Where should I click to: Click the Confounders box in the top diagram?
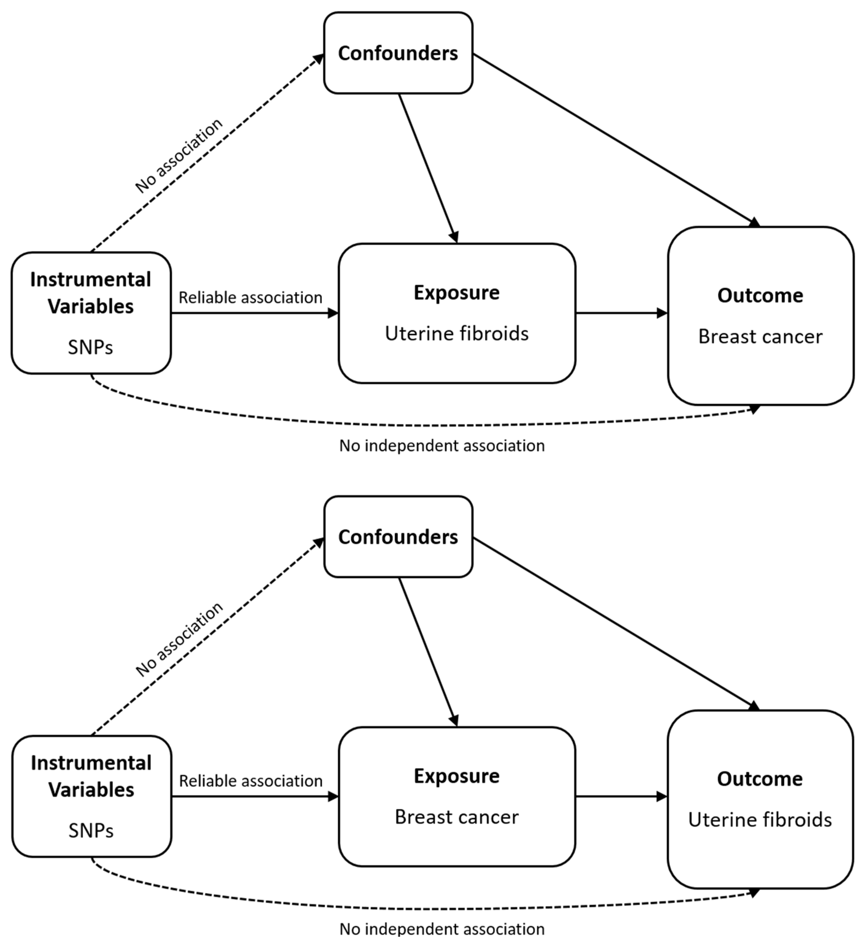(x=398, y=53)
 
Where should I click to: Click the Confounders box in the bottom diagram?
(x=398, y=537)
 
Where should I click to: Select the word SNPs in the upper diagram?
(x=90, y=347)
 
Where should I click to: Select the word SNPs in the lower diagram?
(x=91, y=831)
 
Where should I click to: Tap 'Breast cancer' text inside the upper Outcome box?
(x=760, y=337)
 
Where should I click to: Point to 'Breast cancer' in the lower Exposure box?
(x=456, y=817)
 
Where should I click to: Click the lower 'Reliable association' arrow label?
(x=251, y=781)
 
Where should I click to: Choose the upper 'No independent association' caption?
(x=442, y=445)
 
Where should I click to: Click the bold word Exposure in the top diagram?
(x=456, y=293)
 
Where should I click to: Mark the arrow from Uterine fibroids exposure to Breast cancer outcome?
(x=622, y=313)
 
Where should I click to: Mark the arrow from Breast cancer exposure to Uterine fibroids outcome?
(x=622, y=796)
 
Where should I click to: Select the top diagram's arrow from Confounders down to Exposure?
(x=428, y=168)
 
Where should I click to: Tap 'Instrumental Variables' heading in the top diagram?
(x=90, y=293)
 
